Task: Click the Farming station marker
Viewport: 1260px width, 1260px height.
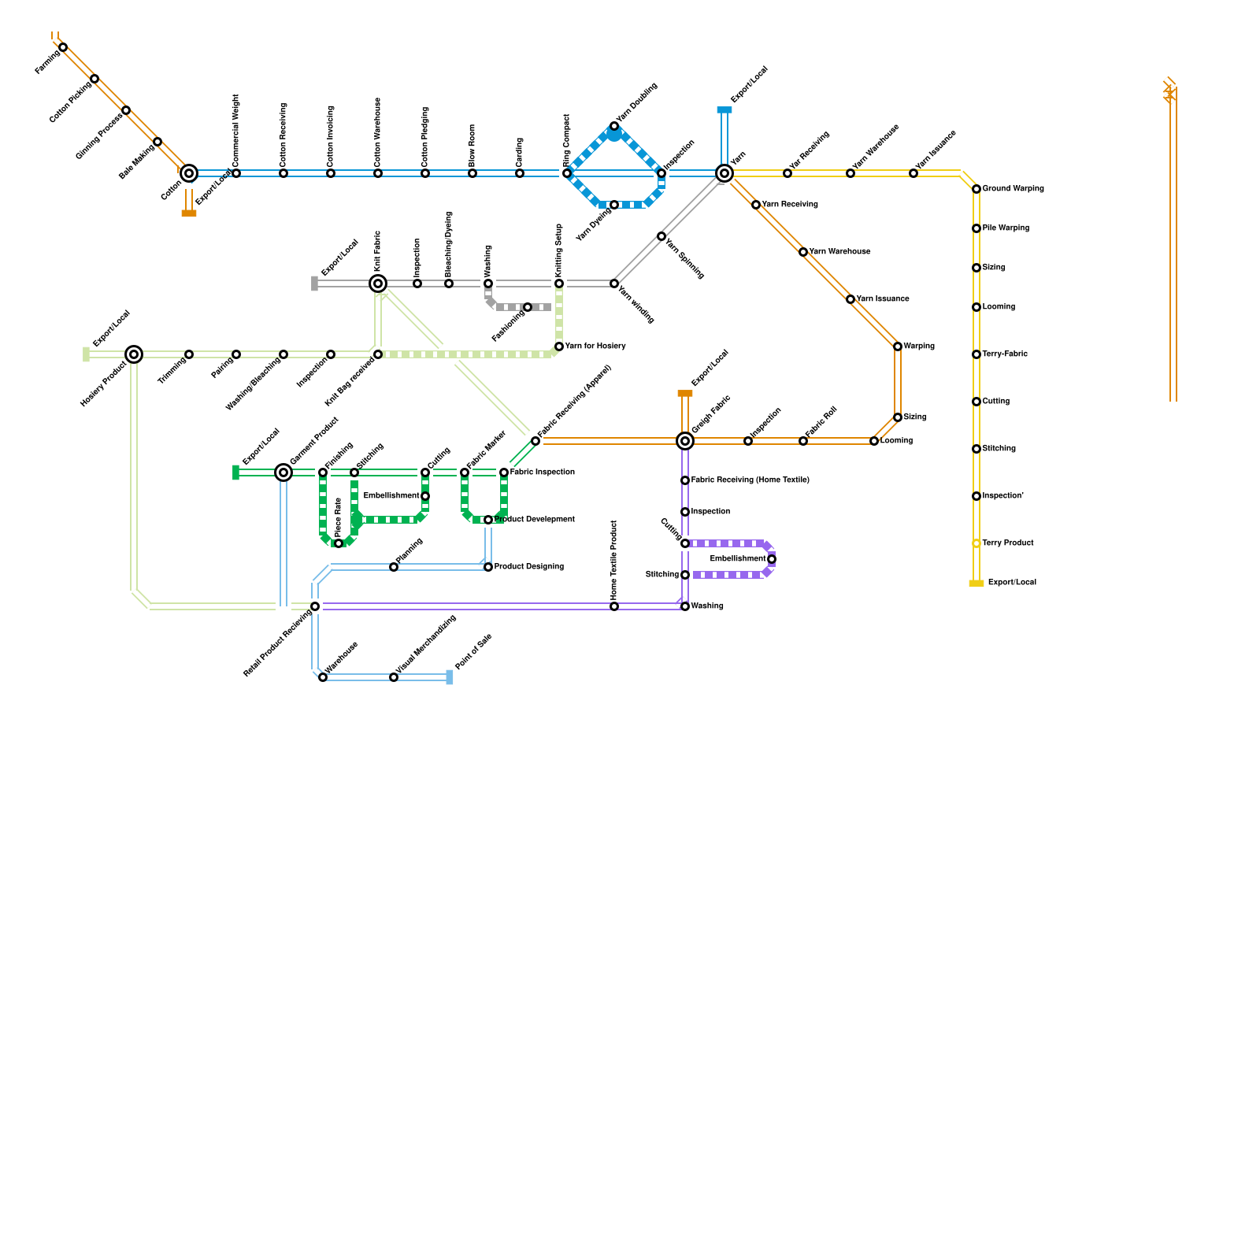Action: click(63, 47)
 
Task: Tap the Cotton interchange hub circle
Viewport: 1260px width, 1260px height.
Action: click(189, 173)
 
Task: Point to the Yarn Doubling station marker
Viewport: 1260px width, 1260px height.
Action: click(614, 126)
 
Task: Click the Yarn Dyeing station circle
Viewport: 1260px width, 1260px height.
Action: click(614, 205)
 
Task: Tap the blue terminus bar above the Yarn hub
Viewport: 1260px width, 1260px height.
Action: click(724, 110)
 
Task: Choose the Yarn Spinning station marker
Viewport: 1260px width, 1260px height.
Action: click(661, 236)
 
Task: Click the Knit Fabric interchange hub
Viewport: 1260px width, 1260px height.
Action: click(378, 283)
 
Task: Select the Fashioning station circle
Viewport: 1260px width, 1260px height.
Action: click(528, 307)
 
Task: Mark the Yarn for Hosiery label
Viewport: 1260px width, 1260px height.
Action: click(595, 346)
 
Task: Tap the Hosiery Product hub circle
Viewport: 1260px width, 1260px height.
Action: click(134, 354)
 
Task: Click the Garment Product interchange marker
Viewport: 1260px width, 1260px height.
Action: click(283, 472)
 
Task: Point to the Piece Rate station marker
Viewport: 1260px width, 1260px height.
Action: click(339, 543)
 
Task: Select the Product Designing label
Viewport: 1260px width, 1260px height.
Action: click(529, 567)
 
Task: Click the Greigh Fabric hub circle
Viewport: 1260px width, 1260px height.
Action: click(685, 441)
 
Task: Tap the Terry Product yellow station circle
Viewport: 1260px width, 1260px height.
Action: click(976, 543)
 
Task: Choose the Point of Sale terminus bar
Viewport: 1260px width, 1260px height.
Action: click(450, 677)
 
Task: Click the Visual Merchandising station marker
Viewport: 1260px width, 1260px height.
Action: click(394, 677)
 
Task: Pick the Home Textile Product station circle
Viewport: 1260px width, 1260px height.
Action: click(614, 606)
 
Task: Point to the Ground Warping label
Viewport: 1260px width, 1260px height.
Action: click(1014, 189)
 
